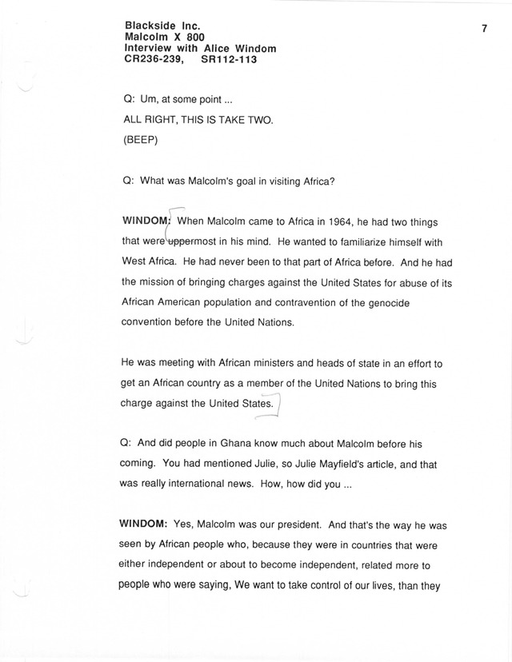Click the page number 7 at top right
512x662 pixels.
pos(485,29)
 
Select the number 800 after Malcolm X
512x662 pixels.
pos(189,37)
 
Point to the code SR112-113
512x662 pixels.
pos(230,59)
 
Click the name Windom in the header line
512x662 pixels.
pos(253,48)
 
